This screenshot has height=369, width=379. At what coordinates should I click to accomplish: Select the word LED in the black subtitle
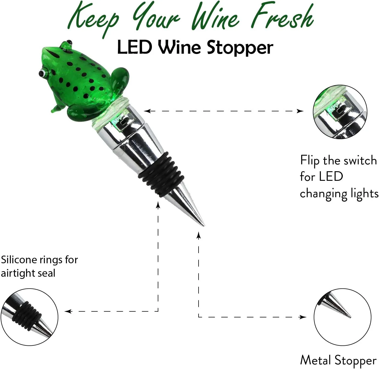coord(135,47)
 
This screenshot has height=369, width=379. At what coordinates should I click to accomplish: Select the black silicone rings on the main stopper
coord(161,175)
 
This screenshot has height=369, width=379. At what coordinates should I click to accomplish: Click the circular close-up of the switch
coord(340,112)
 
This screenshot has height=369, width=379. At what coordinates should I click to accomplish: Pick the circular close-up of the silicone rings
coord(29,317)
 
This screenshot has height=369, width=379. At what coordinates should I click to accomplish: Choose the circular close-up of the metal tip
coord(343,317)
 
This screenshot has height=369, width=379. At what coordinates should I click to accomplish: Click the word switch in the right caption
coord(360,161)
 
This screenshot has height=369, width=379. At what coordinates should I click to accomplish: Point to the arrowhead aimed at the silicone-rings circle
coord(68,311)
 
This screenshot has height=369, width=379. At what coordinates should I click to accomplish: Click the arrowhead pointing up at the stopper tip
coord(199,236)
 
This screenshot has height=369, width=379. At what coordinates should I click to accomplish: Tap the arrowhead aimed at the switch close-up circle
coord(300,111)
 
